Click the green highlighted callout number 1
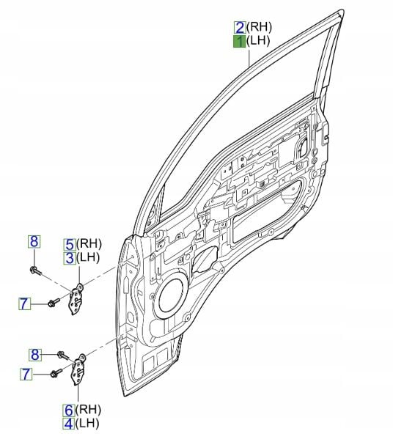point(239,42)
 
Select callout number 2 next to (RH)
point(240,27)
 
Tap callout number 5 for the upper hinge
point(70,245)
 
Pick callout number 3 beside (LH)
point(69,258)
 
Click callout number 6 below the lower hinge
point(68,410)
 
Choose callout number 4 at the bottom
point(68,424)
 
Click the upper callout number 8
point(34,242)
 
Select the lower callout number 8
point(35,355)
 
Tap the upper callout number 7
point(24,303)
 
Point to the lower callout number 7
point(26,374)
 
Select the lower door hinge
point(78,369)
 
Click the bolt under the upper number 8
point(35,270)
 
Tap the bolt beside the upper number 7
point(54,303)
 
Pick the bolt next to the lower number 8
point(63,355)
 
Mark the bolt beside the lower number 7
point(56,373)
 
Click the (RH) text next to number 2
point(259,27)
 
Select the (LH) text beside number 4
point(87,424)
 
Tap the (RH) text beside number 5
point(89,244)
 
